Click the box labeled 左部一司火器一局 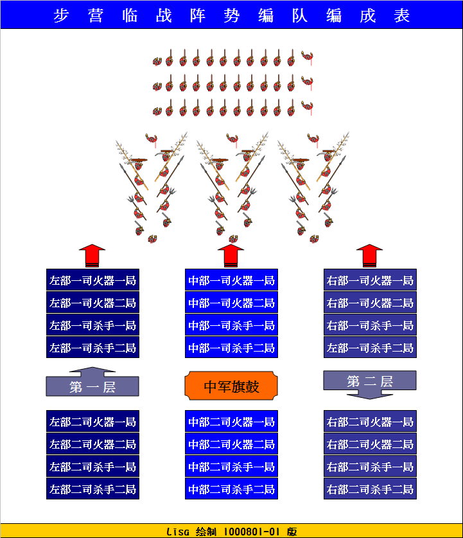point(92,280)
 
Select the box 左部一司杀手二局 point(92,348)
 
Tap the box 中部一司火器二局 point(231,303)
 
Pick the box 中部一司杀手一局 point(231,325)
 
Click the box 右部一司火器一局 point(370,280)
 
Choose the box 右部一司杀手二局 point(370,348)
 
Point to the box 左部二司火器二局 point(92,444)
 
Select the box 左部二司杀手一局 point(92,467)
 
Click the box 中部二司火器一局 point(231,422)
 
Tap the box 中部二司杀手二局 point(231,489)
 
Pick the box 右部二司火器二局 point(370,444)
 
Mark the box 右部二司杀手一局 point(370,467)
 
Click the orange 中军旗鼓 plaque point(231,386)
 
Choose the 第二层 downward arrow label point(370,382)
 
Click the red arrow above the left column point(92,255)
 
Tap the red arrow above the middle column point(231,255)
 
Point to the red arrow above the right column point(369,255)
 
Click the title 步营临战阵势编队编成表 point(231,15)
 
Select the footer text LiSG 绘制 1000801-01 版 point(231,532)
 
